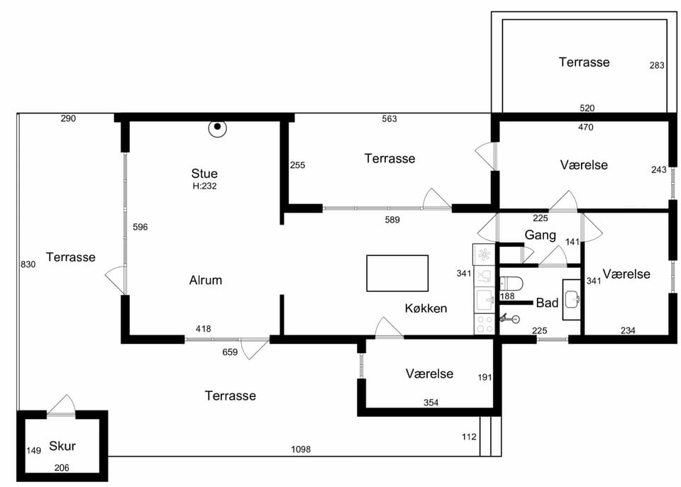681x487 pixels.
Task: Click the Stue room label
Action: coord(204,174)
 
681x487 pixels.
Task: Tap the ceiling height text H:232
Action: coord(204,186)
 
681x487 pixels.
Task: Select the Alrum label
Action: coord(206,280)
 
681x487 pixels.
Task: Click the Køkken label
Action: coord(426,308)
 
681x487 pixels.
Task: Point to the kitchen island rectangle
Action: coord(397,273)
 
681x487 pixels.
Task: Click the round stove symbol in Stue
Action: coord(217,128)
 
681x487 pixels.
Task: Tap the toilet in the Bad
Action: coord(511,284)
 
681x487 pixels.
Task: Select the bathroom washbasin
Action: coord(572,299)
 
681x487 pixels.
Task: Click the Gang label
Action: coord(540,235)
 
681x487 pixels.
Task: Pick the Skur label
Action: coord(62,446)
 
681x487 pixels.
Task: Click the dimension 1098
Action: coord(301,449)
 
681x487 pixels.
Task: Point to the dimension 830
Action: coord(28,264)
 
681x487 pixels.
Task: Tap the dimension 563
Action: coord(389,119)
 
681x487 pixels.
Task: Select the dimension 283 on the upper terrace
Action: coord(657,65)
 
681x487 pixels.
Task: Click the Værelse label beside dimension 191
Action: coord(429,374)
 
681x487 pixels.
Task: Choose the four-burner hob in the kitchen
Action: coord(485,324)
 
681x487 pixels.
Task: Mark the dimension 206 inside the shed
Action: coord(62,467)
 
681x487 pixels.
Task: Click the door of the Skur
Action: coord(61,405)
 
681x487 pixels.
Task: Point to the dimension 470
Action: coord(585,127)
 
